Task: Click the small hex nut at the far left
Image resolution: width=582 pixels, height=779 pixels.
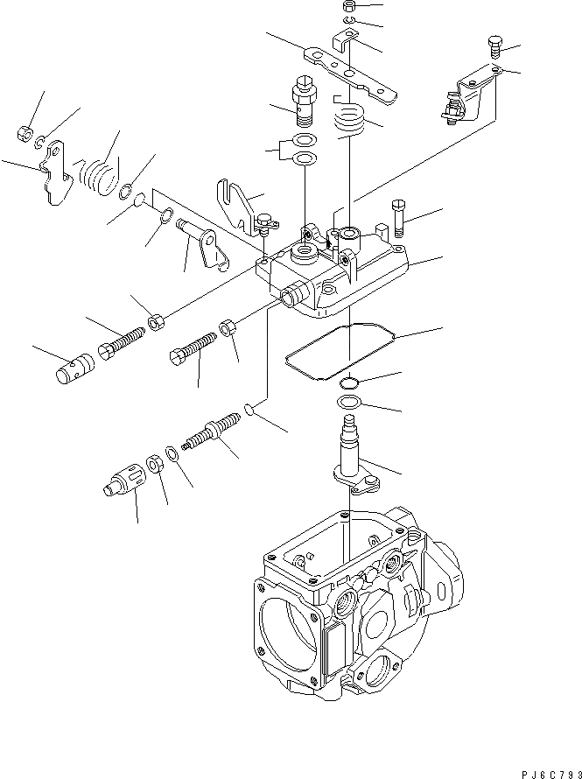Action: (25, 134)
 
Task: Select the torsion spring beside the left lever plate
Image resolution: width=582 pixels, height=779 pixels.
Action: (98, 172)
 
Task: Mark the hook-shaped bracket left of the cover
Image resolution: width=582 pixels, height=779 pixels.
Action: (236, 202)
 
